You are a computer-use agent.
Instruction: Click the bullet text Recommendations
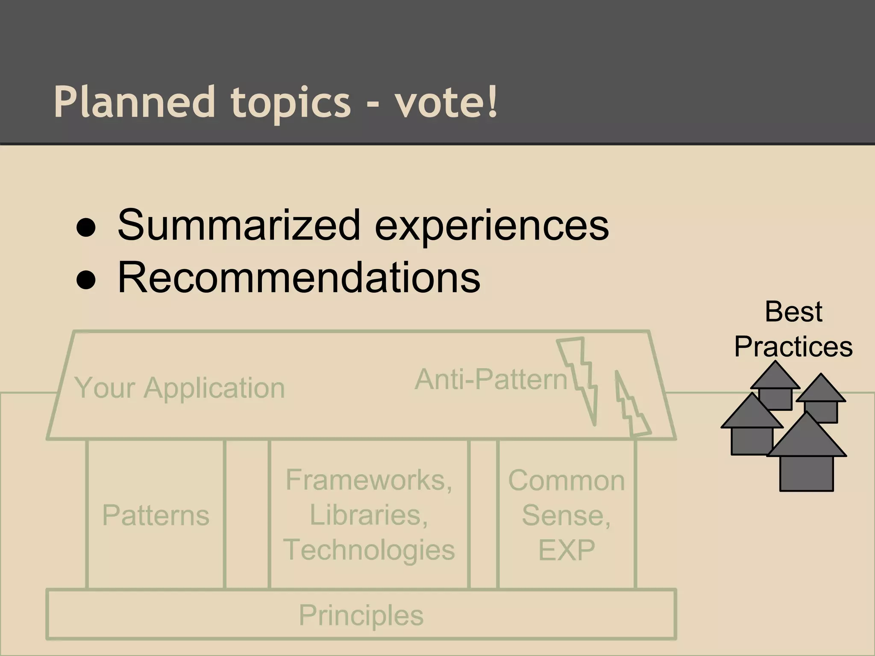[x=299, y=278]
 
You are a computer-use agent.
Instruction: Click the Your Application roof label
[x=179, y=388]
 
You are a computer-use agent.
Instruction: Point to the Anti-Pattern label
[x=491, y=379]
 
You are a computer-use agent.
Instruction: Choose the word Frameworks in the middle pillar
[x=368, y=480]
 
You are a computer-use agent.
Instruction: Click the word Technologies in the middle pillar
[x=369, y=550]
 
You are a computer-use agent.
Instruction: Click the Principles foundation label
[x=361, y=615]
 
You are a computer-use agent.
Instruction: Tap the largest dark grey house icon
[x=807, y=457]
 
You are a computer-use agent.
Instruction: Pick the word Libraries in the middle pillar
[x=368, y=515]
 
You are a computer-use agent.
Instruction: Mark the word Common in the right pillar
[x=567, y=480]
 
